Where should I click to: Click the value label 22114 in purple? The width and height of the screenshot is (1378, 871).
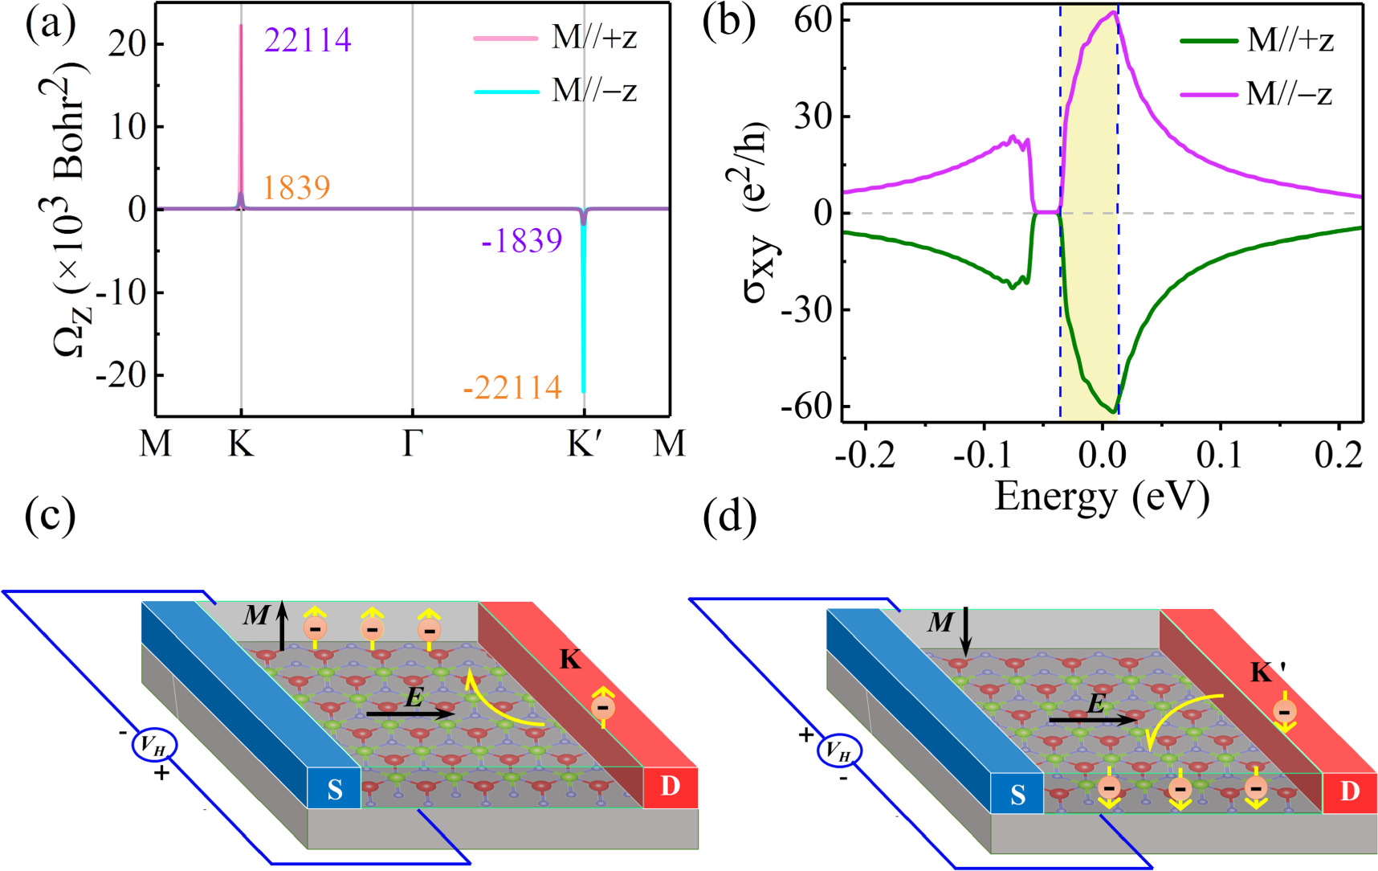coord(308,39)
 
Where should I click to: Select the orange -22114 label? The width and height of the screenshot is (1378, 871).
coord(512,388)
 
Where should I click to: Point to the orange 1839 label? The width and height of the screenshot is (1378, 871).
coord(296,188)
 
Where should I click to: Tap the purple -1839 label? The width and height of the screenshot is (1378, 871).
coord(521,240)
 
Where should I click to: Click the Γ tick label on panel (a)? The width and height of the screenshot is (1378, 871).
coord(412,442)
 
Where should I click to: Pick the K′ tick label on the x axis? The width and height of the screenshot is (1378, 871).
coord(584,442)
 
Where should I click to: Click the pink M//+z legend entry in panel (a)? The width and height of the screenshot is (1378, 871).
coord(555,38)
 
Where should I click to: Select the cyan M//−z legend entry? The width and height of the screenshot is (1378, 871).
coord(555,91)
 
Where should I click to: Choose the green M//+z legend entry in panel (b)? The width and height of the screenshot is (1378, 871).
coord(1257,39)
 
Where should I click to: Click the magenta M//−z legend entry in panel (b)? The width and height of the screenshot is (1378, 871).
coord(1257,95)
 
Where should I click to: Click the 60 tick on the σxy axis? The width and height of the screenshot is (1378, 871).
coord(813,18)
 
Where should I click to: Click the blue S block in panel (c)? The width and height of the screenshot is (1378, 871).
coord(334,791)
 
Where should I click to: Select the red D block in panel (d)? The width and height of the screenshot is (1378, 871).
coord(1350,791)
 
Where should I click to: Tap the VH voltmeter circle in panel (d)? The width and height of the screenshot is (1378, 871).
coord(839,752)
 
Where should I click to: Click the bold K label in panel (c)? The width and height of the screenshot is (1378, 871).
coord(569,660)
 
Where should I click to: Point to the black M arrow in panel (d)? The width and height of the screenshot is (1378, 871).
coord(966,632)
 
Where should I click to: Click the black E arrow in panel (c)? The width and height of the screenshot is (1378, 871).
coord(410,713)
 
